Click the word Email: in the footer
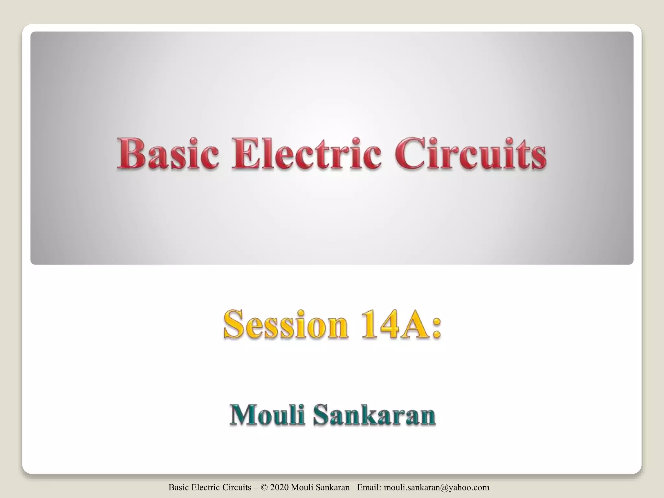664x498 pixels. (x=369, y=487)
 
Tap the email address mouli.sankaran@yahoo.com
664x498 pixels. (x=436, y=487)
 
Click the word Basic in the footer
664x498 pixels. (x=179, y=487)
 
